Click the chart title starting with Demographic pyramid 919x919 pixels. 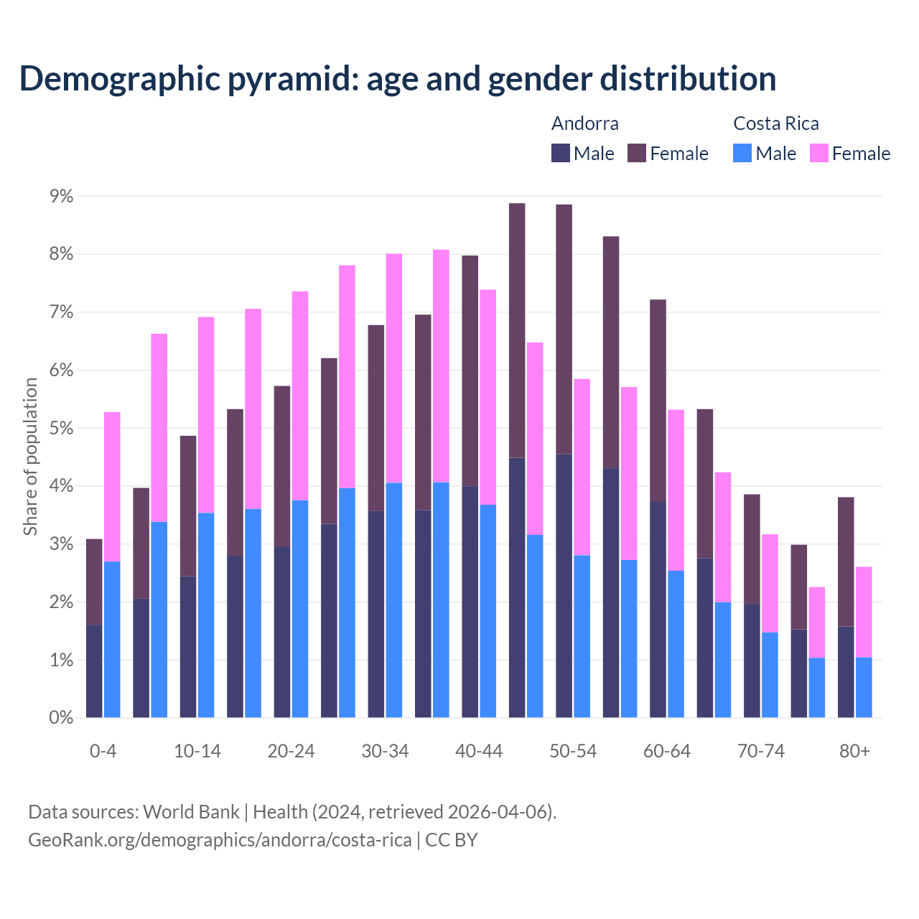[398, 78]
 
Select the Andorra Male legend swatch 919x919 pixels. [561, 153]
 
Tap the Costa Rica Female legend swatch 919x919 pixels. [819, 153]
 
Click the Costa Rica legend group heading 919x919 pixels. [775, 123]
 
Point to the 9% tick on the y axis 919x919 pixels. [61, 196]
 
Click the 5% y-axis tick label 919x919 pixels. [61, 429]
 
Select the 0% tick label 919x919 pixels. [61, 718]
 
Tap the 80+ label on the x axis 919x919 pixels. [854, 751]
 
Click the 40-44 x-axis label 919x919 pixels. [479, 751]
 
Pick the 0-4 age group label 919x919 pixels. [103, 751]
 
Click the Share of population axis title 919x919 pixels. [30, 457]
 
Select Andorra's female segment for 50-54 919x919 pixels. [564, 329]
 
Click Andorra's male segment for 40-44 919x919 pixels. [470, 602]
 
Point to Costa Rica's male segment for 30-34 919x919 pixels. [394, 600]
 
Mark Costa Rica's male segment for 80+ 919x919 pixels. [864, 687]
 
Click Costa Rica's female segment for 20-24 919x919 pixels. [300, 396]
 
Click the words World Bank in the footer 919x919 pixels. [191, 812]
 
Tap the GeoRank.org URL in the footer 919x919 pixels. [220, 840]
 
